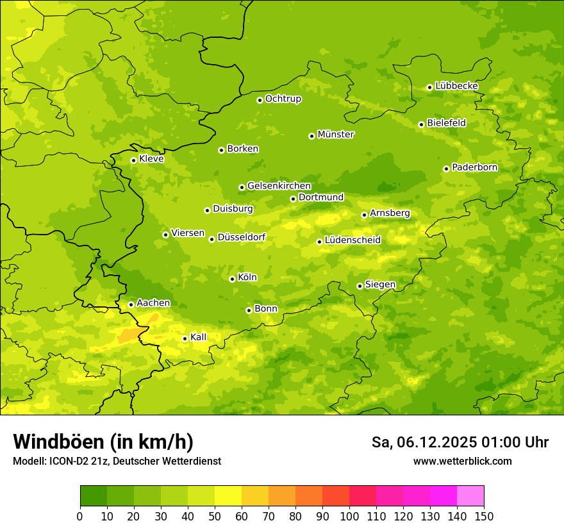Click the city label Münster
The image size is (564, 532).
tap(336, 135)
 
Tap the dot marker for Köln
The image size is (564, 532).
tap(232, 279)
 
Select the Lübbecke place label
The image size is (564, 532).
tap(456, 86)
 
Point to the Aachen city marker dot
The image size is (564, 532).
tap(131, 304)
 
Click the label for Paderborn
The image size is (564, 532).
tap(474, 167)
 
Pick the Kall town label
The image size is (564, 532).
tap(199, 337)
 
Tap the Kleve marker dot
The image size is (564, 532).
tap(133, 160)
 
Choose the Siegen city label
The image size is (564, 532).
tap(380, 285)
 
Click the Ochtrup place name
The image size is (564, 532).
tap(283, 99)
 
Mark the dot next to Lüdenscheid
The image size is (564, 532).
tap(319, 242)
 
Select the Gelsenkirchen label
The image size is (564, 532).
tap(279, 186)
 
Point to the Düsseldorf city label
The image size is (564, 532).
tap(242, 237)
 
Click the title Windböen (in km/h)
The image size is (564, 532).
tap(103, 442)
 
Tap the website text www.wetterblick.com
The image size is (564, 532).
tap(462, 461)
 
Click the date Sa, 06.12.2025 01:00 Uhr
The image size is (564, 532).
tap(460, 442)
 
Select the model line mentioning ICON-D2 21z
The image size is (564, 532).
tap(117, 461)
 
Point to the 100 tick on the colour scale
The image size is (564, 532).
tap(349, 516)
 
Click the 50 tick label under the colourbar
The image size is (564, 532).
tap(215, 516)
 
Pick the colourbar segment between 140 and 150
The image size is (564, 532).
tap(470, 496)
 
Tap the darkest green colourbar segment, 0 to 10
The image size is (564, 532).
tap(94, 496)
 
